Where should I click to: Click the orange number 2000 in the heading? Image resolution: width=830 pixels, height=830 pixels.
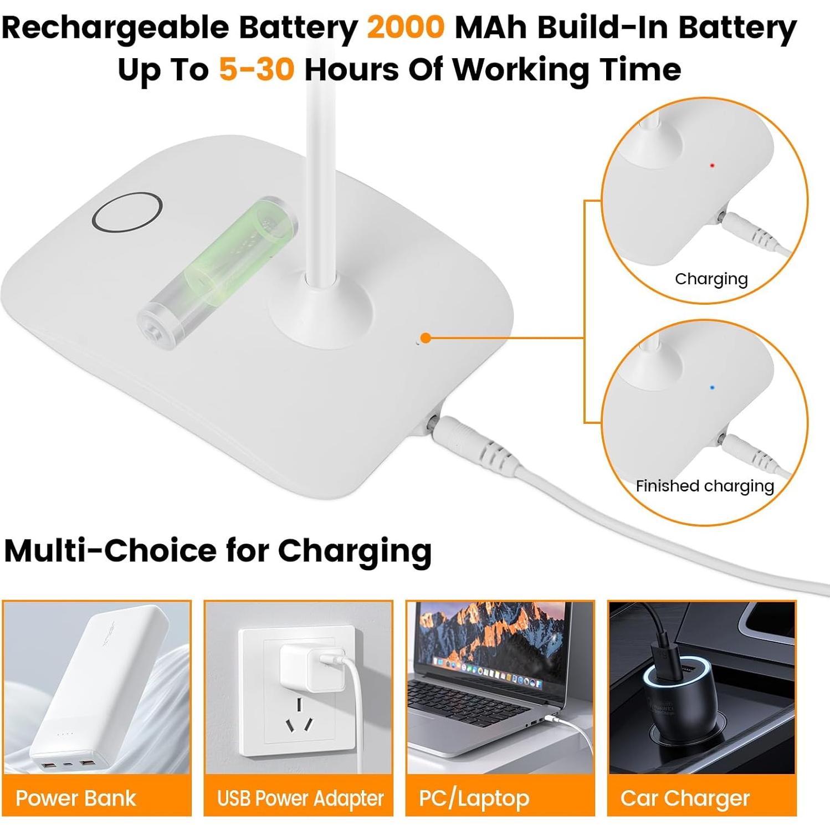pyautogui.click(x=405, y=27)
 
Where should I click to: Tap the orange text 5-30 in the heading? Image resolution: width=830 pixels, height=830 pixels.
pyautogui.click(x=256, y=69)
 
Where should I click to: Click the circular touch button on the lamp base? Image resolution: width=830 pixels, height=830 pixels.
pyautogui.click(x=127, y=213)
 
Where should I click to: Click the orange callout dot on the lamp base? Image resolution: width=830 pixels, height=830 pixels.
pyautogui.click(x=426, y=338)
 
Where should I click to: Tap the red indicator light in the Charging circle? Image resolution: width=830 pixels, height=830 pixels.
pyautogui.click(x=713, y=165)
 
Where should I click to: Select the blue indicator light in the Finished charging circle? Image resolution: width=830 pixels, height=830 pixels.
pyautogui.click(x=712, y=388)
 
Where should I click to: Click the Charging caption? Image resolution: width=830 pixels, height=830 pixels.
pyautogui.click(x=711, y=279)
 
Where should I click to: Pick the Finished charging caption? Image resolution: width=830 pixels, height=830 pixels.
pyautogui.click(x=704, y=486)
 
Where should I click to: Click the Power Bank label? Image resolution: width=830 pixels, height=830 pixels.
pyautogui.click(x=76, y=798)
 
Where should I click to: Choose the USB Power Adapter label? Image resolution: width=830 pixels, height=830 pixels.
pyautogui.click(x=300, y=798)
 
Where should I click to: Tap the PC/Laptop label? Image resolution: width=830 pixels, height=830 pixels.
pyautogui.click(x=474, y=798)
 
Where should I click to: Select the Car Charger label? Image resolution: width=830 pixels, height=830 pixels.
pyautogui.click(x=685, y=798)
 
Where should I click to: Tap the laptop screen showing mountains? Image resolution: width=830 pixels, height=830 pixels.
pyautogui.click(x=490, y=637)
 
